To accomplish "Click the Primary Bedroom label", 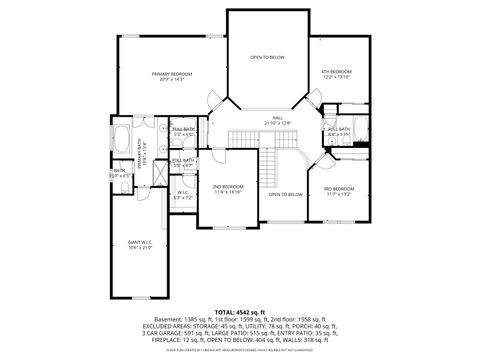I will (172, 74).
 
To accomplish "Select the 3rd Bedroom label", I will (337, 188).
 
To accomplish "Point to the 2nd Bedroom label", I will (227, 187).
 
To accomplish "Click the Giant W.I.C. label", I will (139, 242).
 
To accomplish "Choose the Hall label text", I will (277, 118).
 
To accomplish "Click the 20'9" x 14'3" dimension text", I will (172, 80).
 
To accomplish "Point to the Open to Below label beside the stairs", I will (285, 194).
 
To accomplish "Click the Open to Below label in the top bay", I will (267, 57).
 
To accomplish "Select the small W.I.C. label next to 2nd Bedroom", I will (182, 192).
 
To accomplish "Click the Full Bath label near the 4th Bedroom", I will (337, 128).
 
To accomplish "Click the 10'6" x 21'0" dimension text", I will (139, 248).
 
